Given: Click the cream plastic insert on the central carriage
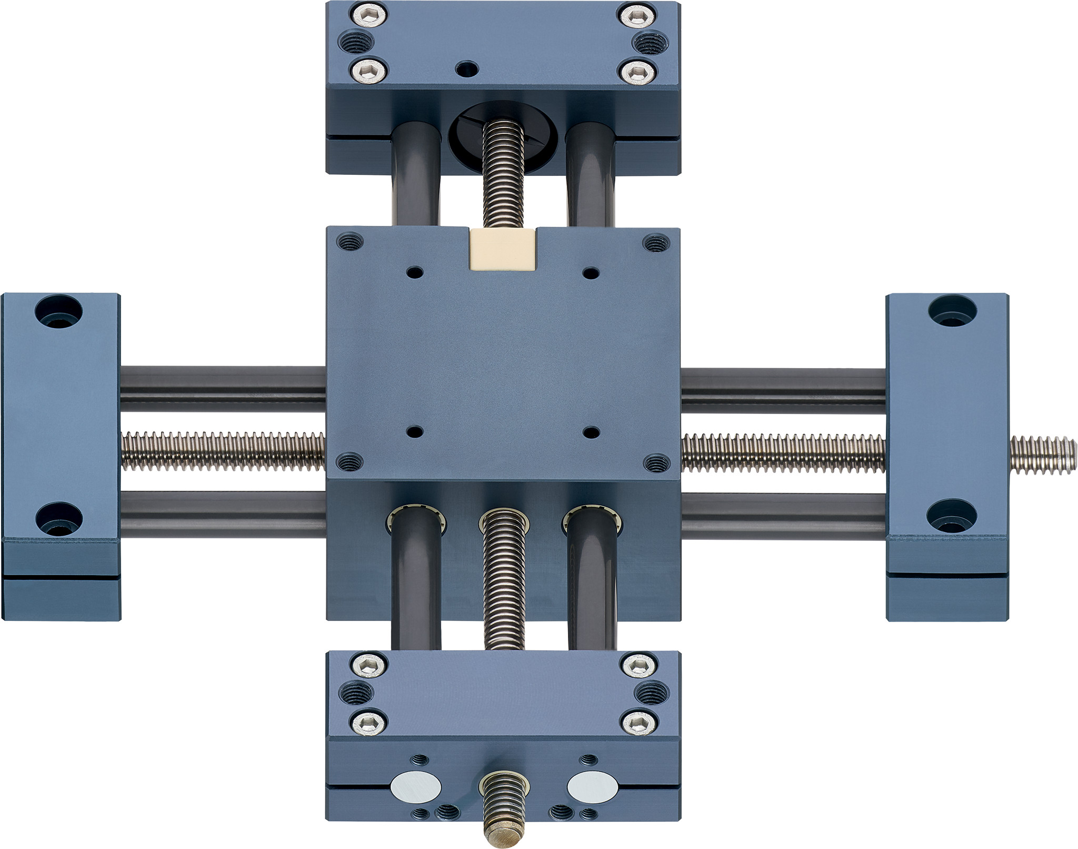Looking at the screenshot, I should pos(503,250).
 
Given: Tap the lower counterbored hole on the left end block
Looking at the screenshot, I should pos(58,519).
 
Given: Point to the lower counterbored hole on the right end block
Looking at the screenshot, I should pos(952,516).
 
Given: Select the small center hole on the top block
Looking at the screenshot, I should pos(467,68).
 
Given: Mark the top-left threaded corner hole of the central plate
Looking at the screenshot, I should pos(350,242).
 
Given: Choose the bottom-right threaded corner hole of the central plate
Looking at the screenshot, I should pos(656,463).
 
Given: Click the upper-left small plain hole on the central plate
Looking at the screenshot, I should pos(415,273).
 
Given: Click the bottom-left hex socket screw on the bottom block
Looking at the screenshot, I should pos(368,723).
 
